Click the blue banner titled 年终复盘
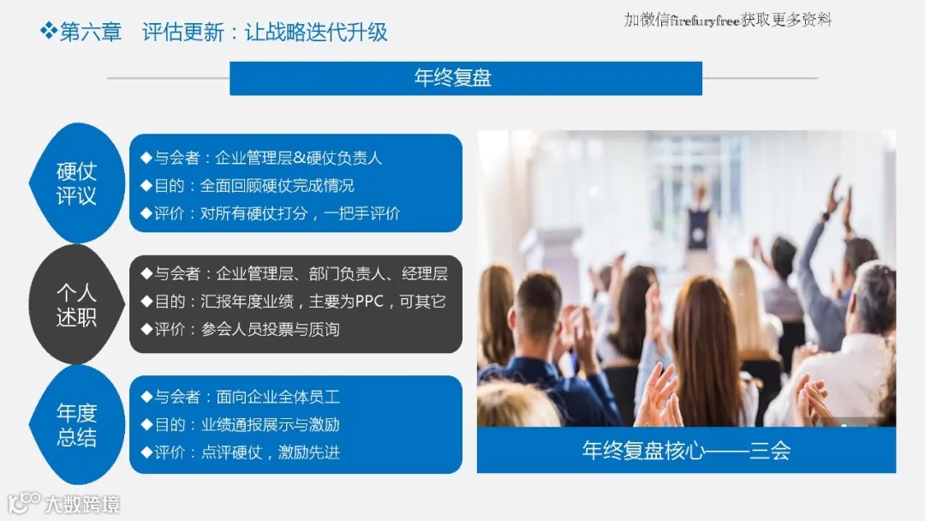pos(465,79)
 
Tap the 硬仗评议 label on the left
pos(76,183)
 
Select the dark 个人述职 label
pos(76,304)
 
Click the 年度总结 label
pos(76,425)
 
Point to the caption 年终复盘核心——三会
pos(686,451)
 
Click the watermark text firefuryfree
pos(704,20)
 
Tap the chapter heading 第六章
pos(91,33)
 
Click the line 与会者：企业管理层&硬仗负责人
pos(261,158)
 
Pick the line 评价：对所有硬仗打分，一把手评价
pos(270,213)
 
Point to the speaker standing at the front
pos(700,219)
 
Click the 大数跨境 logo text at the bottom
pos(81,503)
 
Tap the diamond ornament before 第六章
pos(48,33)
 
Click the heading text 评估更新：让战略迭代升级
pos(265,33)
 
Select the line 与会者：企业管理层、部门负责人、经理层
pos(294,274)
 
